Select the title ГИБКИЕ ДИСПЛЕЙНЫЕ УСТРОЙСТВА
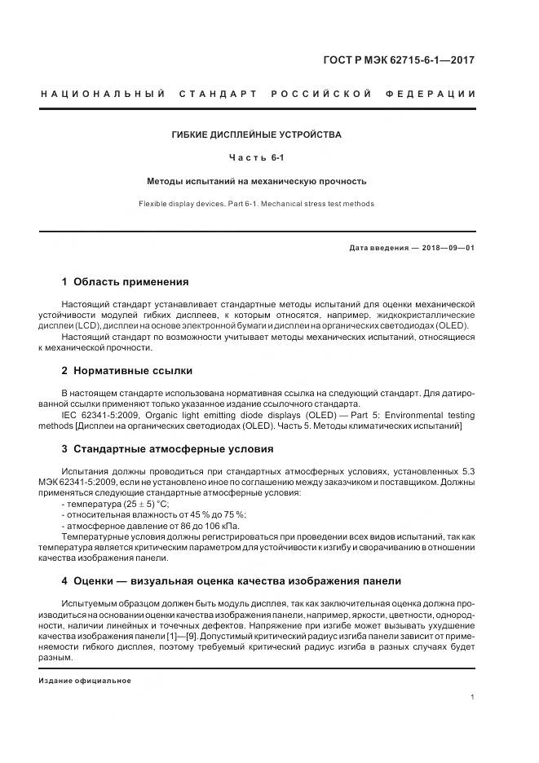pos(257,135)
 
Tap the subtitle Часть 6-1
pos(257,158)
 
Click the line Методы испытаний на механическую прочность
pos(257,181)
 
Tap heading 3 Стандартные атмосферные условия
pos(167,449)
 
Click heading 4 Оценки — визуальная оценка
pos(231,580)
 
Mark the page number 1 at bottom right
pos(473,697)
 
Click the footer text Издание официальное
pos(85,680)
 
